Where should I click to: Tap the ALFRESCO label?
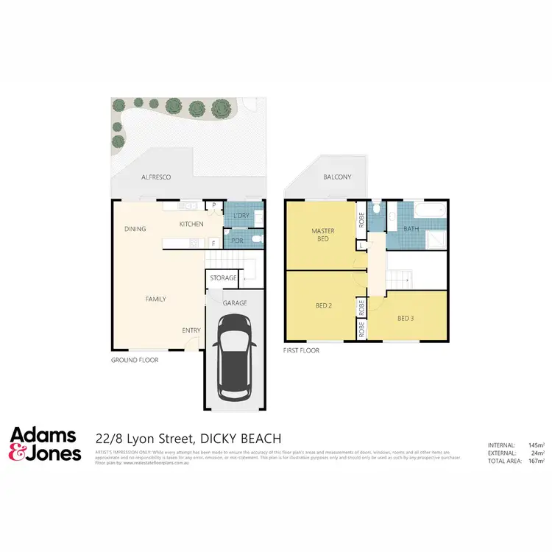156,177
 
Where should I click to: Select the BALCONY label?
337,177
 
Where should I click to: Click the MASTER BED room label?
322,235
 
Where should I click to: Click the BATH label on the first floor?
411,229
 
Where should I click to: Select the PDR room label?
237,240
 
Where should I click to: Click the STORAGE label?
223,278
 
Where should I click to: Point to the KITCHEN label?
191,223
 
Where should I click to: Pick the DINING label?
135,229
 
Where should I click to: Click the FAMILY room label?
155,299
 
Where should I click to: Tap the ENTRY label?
191,330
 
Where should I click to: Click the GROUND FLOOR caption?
134,360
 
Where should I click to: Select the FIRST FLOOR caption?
301,351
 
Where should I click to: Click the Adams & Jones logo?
45,444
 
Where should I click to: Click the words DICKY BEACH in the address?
241,439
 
